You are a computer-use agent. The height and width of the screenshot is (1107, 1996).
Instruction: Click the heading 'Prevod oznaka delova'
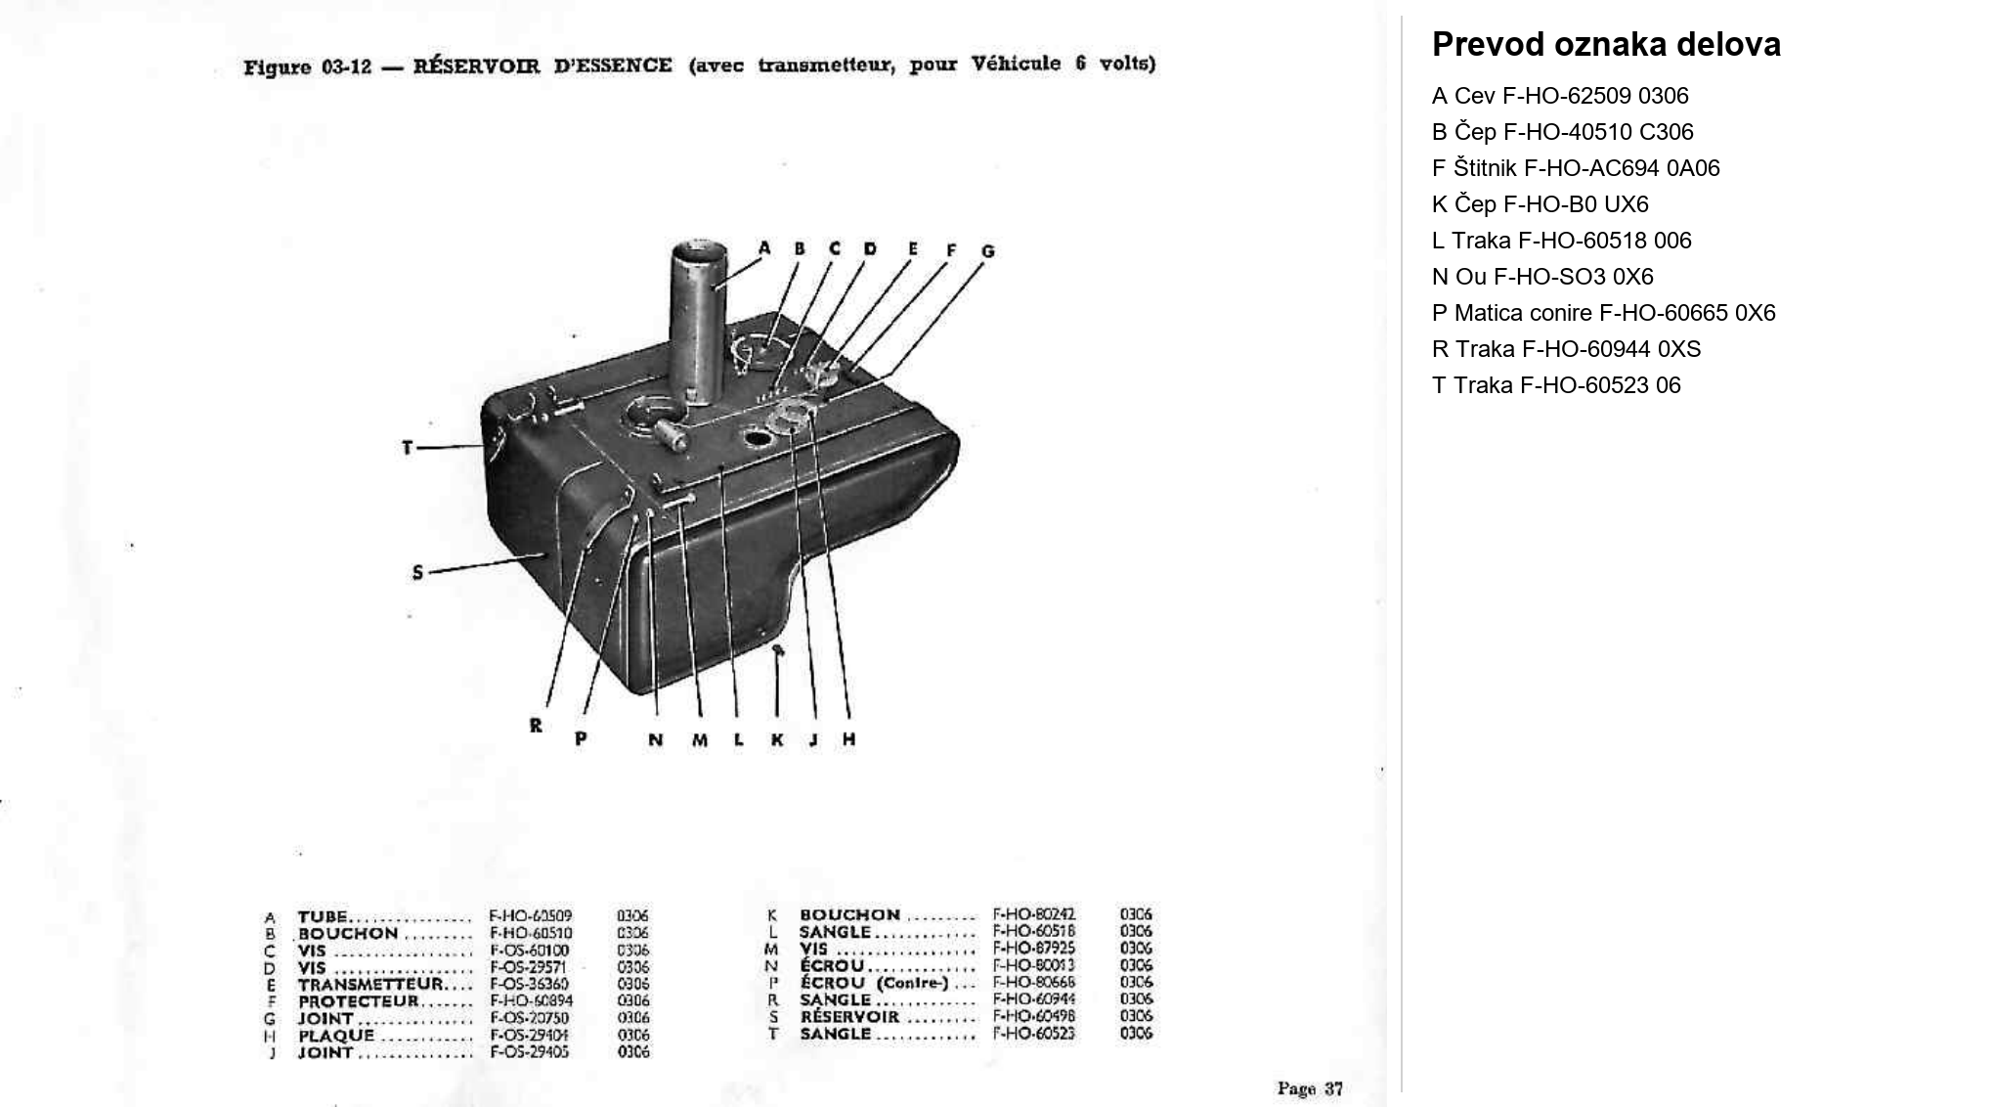click(1606, 45)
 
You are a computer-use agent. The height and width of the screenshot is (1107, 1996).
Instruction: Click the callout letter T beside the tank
click(408, 448)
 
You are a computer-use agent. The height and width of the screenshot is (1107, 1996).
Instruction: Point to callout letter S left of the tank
click(417, 572)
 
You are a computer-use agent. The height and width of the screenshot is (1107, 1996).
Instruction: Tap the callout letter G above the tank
click(987, 251)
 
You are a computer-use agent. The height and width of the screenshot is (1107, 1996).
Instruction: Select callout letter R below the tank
click(536, 726)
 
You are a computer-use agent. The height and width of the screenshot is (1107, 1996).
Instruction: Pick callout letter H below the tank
click(848, 739)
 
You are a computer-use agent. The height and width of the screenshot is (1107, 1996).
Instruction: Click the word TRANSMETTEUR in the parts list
click(370, 984)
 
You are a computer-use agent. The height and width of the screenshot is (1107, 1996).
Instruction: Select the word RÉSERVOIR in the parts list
click(848, 1016)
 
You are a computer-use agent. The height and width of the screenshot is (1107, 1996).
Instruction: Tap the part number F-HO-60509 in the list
click(530, 916)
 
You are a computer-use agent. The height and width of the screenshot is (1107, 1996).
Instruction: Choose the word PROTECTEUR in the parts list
click(358, 1000)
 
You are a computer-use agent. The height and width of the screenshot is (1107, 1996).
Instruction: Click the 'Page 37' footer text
click(1310, 1088)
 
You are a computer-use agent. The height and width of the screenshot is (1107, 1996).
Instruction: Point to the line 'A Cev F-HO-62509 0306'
click(1560, 96)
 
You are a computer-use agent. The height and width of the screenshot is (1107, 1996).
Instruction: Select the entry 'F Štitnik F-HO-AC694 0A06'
click(1576, 168)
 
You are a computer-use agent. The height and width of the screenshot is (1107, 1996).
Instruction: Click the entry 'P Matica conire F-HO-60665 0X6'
click(1603, 313)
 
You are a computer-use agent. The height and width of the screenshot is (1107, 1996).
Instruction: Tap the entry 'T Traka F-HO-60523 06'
click(1556, 385)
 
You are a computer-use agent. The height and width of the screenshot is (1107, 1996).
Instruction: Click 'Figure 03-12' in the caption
click(307, 67)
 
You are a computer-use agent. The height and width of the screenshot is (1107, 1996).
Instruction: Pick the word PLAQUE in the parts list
click(336, 1035)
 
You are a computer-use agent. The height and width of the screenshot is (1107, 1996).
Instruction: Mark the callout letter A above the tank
click(764, 248)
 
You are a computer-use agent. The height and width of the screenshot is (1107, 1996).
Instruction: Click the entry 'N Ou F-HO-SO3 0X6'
click(1542, 277)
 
